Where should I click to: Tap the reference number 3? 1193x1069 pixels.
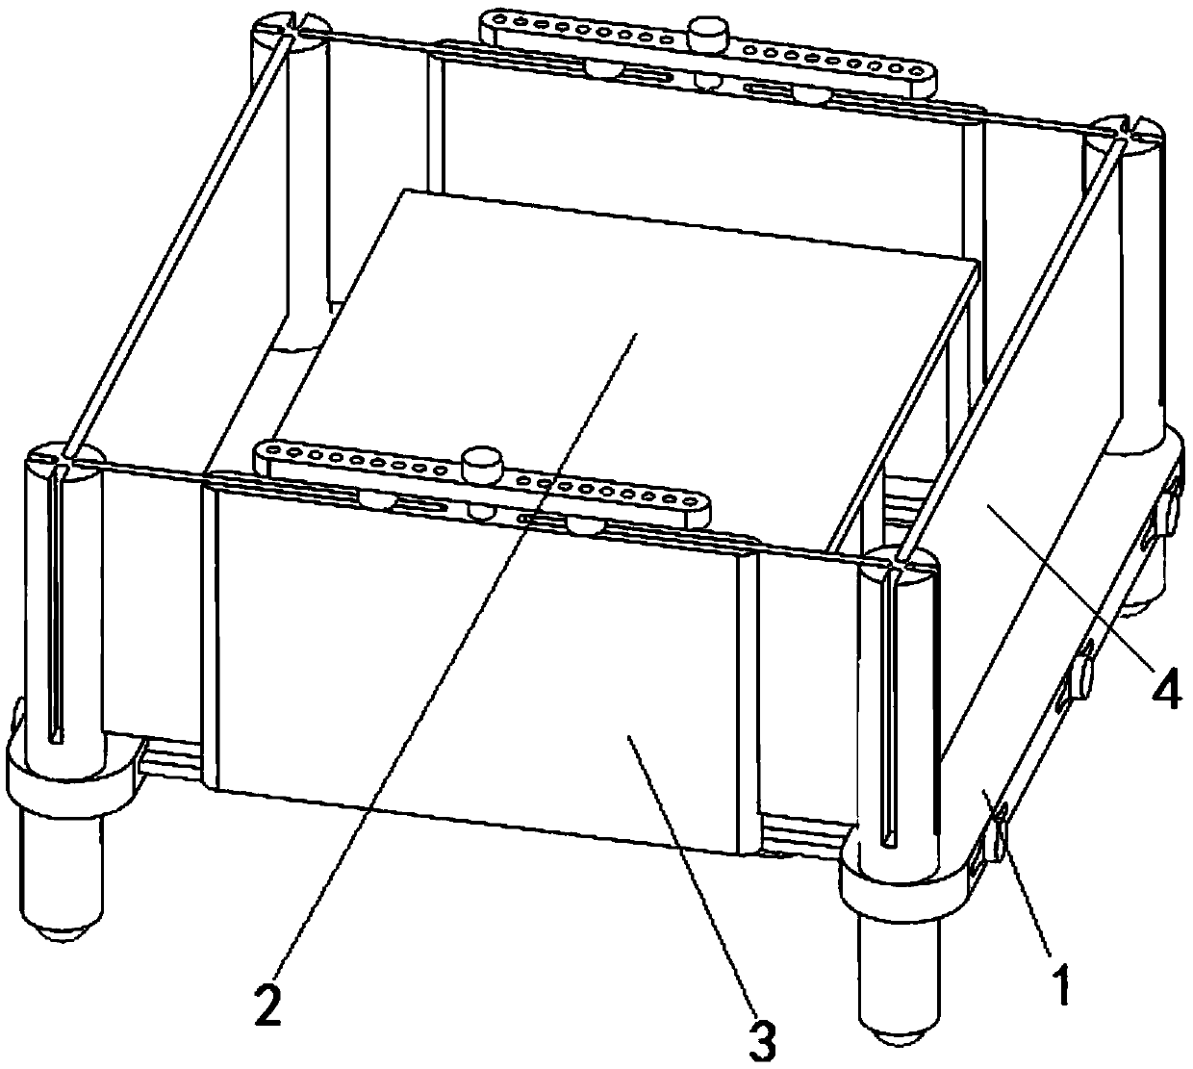click(x=762, y=1039)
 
